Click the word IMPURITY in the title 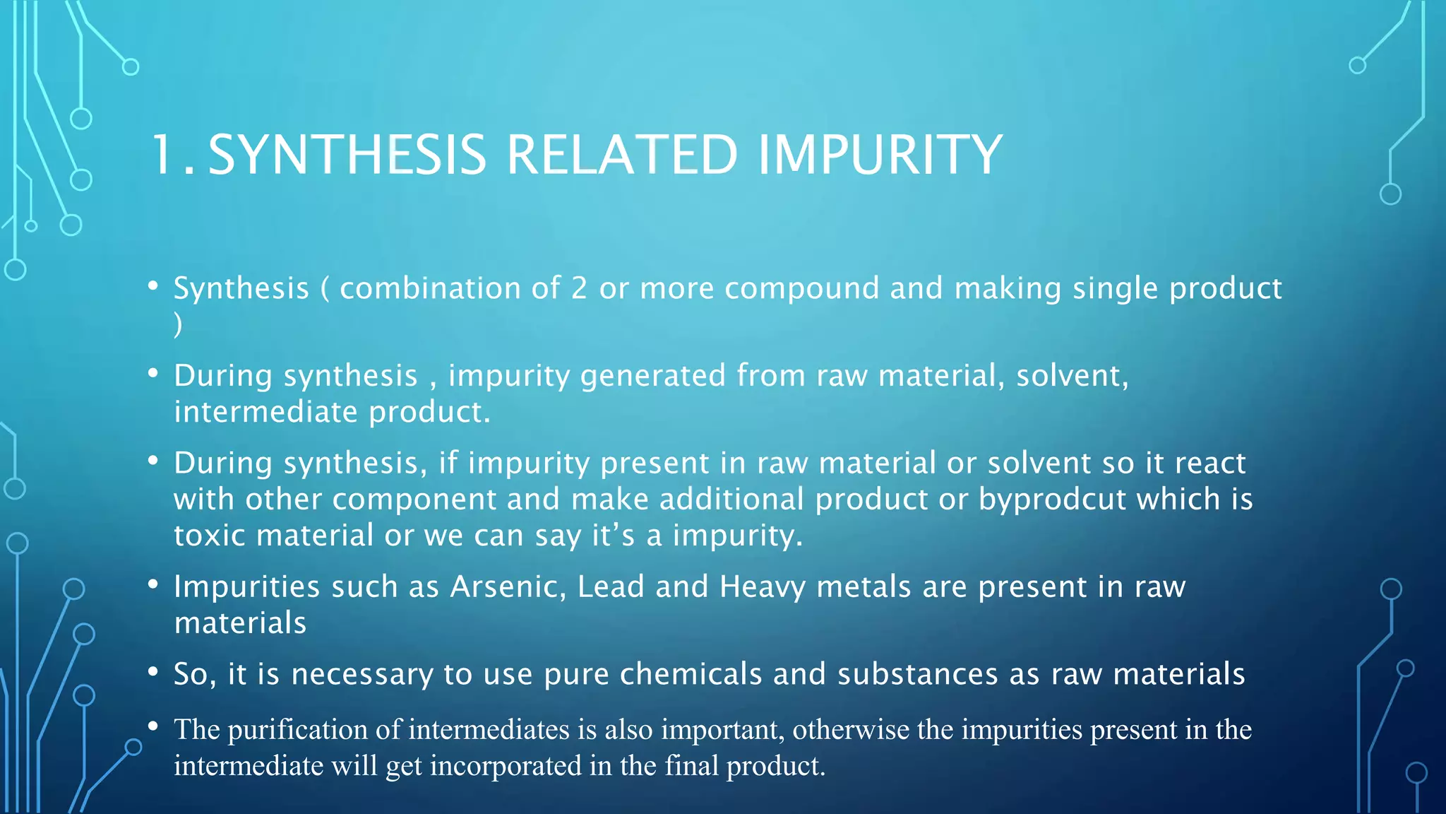879,155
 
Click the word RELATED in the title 622,155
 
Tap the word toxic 210,536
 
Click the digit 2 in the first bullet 579,288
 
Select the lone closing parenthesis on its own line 179,325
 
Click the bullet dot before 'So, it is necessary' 153,672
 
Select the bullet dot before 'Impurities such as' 153,585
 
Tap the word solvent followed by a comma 1071,376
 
